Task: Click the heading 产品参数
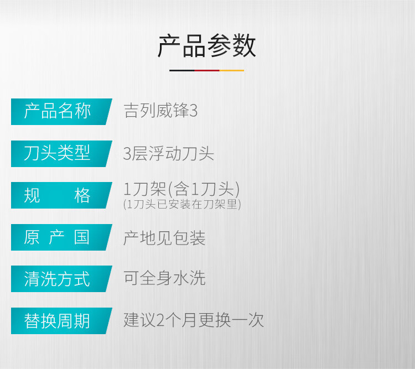coord(207,46)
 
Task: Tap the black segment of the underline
coord(182,70)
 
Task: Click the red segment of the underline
coord(207,70)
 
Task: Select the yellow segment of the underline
coord(232,70)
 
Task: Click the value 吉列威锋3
coord(160,111)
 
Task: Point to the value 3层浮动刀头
coord(169,153)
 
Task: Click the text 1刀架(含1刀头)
coord(181,189)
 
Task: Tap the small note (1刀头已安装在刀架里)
coord(182,204)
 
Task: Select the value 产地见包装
coord(164,238)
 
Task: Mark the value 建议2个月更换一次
coord(194,320)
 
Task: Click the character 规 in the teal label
coord(32,196)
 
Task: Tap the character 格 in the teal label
coord(82,196)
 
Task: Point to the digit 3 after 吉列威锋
coord(194,111)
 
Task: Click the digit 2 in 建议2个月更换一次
coord(160,320)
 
